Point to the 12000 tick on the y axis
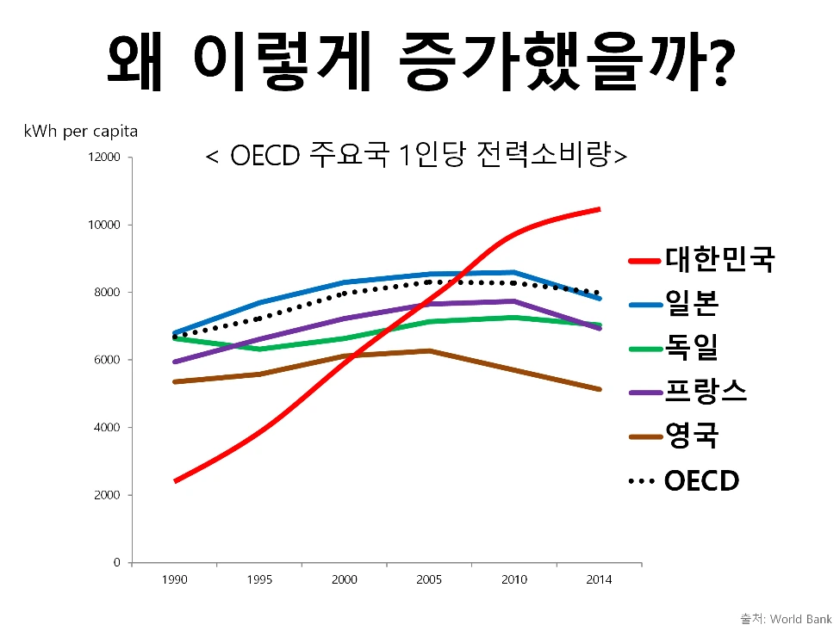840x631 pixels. (x=103, y=158)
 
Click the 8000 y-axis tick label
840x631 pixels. (x=106, y=293)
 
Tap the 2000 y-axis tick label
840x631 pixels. (x=106, y=496)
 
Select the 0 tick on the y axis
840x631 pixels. (x=117, y=563)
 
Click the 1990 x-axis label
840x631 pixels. (x=174, y=580)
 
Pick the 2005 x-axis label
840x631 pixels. (x=429, y=580)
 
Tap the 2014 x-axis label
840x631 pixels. (x=598, y=580)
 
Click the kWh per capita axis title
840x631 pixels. (x=81, y=132)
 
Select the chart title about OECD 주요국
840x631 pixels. (x=417, y=156)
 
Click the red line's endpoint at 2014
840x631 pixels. (x=599, y=209)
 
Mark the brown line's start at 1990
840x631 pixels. (x=175, y=381)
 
